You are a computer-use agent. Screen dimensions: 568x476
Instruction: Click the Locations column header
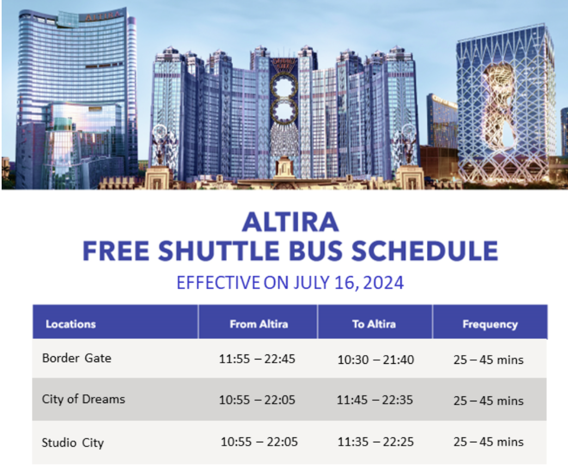71,324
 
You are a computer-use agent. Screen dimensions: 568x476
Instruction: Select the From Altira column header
259,324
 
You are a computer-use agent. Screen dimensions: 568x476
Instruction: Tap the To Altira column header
374,324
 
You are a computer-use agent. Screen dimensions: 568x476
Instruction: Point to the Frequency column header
490,324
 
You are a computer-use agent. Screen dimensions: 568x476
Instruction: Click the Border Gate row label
77,358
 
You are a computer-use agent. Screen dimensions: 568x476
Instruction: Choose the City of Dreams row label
83,399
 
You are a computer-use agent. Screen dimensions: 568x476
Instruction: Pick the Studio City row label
73,442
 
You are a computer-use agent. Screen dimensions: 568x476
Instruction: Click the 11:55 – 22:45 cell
257,358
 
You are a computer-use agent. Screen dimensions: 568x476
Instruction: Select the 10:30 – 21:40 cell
376,359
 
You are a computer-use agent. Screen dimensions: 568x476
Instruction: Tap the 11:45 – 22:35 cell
375,400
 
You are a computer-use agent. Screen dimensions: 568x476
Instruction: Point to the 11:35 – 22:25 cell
376,442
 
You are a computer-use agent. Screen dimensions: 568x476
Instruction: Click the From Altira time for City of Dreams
257,400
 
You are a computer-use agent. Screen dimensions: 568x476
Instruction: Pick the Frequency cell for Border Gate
488,359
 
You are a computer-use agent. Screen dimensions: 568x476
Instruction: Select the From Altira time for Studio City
259,442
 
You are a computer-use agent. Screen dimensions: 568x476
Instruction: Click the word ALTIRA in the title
290,222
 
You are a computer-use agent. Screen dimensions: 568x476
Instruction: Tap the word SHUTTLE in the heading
219,251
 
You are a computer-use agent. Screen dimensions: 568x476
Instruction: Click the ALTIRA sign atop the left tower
102,16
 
